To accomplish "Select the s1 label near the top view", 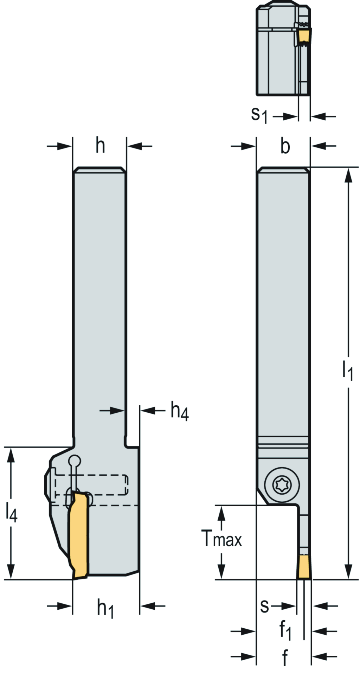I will [x=259, y=115].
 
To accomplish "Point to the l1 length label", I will [x=347, y=370].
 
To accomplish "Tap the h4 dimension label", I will [x=180, y=411].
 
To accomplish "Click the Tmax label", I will [x=222, y=538].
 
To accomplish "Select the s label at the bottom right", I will [x=264, y=605].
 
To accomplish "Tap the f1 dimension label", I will [x=285, y=631].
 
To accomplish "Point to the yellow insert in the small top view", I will [x=304, y=36].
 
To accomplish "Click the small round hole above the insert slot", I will [x=75, y=461].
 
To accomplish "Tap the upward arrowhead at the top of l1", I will [x=348, y=176].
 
